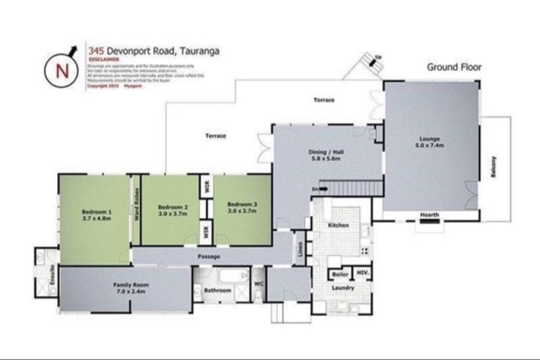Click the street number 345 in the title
pyautogui.click(x=96, y=50)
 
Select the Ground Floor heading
pyautogui.click(x=454, y=67)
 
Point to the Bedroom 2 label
pyautogui.click(x=172, y=207)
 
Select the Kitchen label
pyautogui.click(x=338, y=225)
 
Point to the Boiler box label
pyautogui.click(x=340, y=274)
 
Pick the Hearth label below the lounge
pyautogui.click(x=429, y=215)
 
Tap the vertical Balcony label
pyautogui.click(x=494, y=167)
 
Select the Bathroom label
pyautogui.click(x=217, y=290)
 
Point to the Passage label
pyautogui.click(x=209, y=256)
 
